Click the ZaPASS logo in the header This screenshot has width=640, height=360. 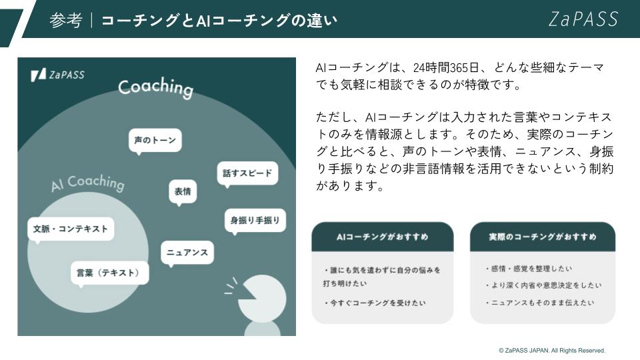(x=583, y=19)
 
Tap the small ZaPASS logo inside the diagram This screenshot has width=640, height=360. (x=57, y=75)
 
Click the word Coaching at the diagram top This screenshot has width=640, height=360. (x=155, y=87)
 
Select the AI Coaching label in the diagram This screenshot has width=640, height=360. (x=88, y=183)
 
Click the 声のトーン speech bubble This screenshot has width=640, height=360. (x=155, y=141)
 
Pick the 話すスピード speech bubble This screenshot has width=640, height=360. (x=247, y=174)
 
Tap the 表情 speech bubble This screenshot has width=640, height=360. (x=183, y=192)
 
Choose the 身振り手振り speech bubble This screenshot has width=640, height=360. (x=255, y=221)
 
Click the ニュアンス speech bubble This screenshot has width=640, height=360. (x=187, y=253)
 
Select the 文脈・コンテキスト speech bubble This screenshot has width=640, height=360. (x=71, y=229)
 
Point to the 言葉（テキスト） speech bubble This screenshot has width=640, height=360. (x=109, y=273)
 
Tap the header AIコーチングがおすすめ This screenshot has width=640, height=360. (x=383, y=237)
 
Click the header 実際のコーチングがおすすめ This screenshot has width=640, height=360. (x=543, y=237)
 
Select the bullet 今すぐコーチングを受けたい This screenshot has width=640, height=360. (x=375, y=303)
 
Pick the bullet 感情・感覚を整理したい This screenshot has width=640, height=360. (x=529, y=269)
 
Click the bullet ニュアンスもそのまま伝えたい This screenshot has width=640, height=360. (x=540, y=303)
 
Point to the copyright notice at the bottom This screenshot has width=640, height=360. (x=552, y=350)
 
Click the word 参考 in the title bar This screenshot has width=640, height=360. (x=66, y=21)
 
